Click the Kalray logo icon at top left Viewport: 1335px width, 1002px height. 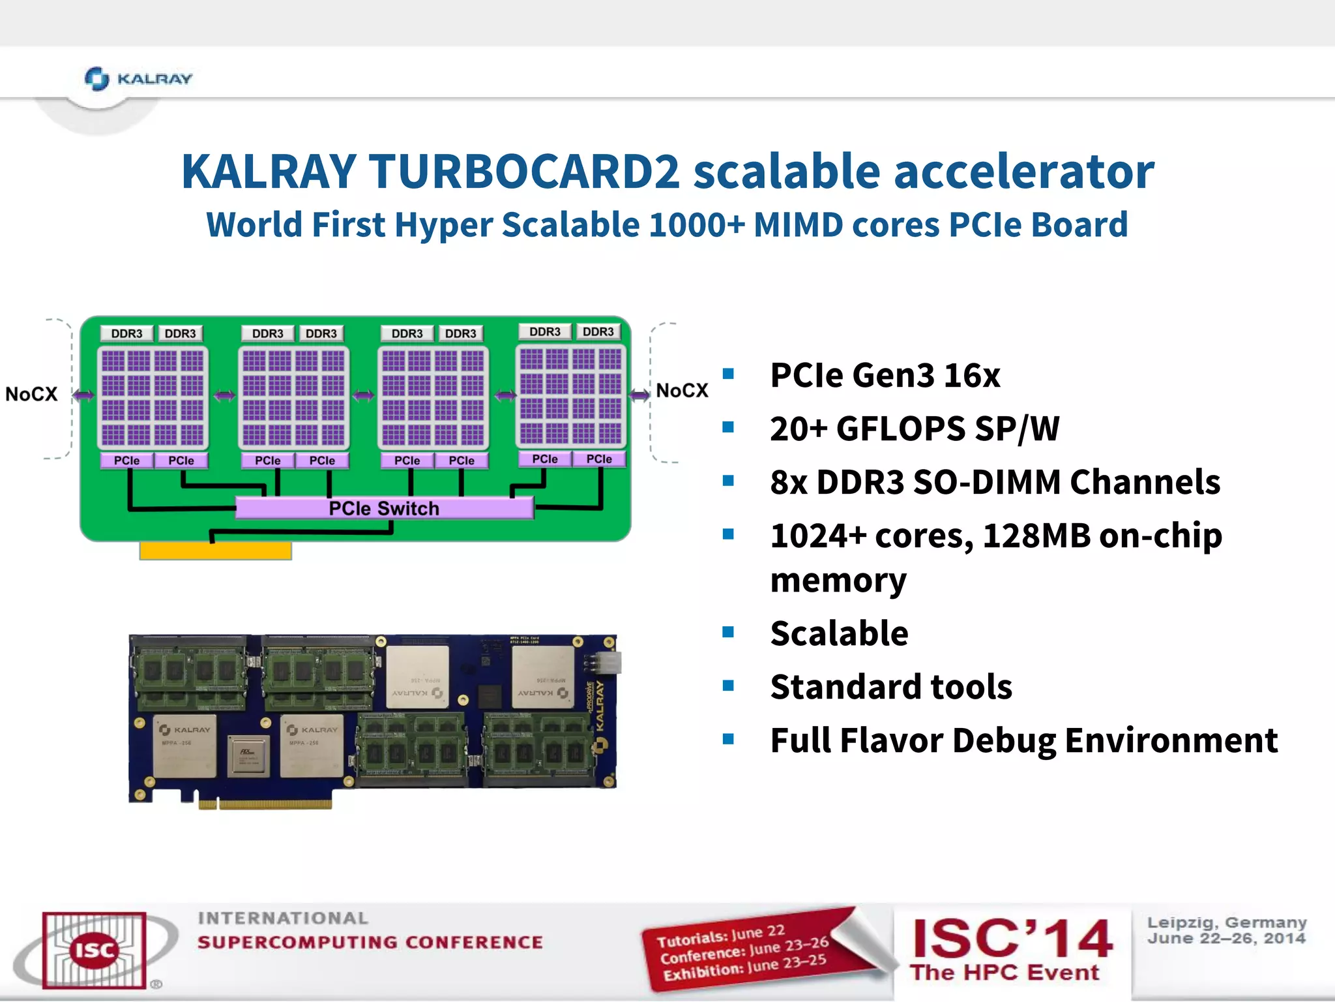pyautogui.click(x=97, y=79)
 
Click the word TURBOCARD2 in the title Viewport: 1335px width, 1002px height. pyautogui.click(x=524, y=172)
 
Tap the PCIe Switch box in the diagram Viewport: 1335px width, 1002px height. pyautogui.click(x=384, y=508)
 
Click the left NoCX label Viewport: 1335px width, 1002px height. pyautogui.click(x=31, y=394)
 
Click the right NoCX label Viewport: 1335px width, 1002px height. pyautogui.click(x=682, y=391)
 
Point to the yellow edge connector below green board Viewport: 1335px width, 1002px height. pyautogui.click(x=215, y=551)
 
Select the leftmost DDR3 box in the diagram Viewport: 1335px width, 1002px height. pyautogui.click(x=126, y=333)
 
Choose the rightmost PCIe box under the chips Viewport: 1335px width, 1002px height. pyautogui.click(x=598, y=459)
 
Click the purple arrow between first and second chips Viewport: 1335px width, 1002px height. pyautogui.click(x=224, y=395)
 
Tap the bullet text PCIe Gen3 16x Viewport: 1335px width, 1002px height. pyautogui.click(x=885, y=376)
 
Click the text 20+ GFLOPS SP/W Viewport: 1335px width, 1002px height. pyautogui.click(x=914, y=429)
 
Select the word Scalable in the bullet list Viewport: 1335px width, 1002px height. pyautogui.click(x=839, y=633)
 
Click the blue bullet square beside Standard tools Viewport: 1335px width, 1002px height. pyautogui.click(x=728, y=686)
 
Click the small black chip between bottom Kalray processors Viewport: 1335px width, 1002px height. pyautogui.click(x=248, y=757)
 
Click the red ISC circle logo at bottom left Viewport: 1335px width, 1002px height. pyautogui.click(x=95, y=950)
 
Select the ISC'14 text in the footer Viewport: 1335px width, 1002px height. pyautogui.click(x=1012, y=939)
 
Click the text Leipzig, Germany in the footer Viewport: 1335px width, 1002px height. pyautogui.click(x=1226, y=922)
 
